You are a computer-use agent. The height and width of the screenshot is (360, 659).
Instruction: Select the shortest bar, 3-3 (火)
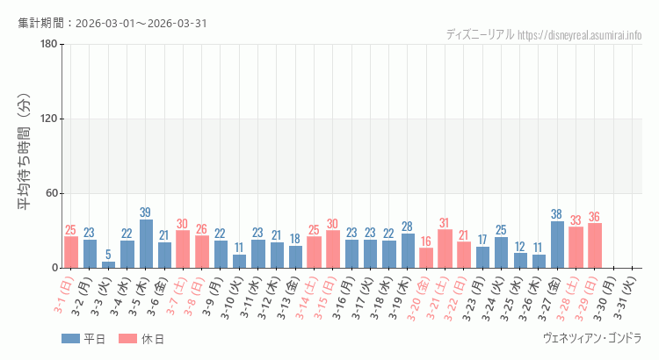[108, 264]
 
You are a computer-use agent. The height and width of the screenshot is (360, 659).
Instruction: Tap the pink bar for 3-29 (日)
[595, 246]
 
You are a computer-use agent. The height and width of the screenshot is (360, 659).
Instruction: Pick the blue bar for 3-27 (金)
[557, 245]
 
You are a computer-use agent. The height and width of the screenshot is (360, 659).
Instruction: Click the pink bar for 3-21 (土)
[445, 248]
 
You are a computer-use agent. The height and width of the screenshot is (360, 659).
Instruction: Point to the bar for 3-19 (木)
[408, 250]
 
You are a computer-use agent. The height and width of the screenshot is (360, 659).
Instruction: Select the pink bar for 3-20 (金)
[426, 258]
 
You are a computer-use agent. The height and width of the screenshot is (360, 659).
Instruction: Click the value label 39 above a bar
[146, 212]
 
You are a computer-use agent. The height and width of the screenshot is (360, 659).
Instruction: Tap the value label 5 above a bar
[108, 255]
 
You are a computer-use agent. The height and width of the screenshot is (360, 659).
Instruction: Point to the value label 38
[557, 214]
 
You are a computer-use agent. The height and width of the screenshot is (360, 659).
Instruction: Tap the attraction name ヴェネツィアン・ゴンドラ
[592, 338]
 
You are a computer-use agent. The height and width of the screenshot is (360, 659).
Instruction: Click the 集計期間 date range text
[112, 23]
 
